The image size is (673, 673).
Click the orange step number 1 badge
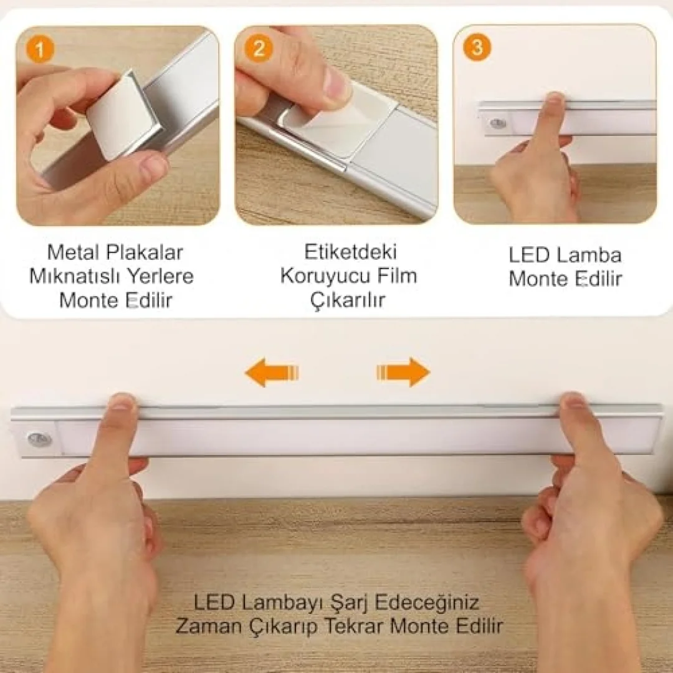(x=40, y=49)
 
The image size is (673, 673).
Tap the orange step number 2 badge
(x=259, y=48)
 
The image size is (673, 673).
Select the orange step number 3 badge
(x=477, y=47)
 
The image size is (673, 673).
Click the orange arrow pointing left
(x=272, y=372)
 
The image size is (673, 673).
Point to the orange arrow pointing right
(x=403, y=372)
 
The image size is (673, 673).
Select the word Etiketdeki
(x=351, y=252)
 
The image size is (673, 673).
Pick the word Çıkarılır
(x=348, y=300)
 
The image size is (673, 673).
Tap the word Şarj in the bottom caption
(x=350, y=603)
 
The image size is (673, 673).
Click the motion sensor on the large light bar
(x=39, y=439)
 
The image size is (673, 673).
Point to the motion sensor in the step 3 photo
(x=497, y=123)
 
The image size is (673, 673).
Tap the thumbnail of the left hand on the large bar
(x=122, y=402)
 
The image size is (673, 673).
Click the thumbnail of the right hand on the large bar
(x=575, y=401)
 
